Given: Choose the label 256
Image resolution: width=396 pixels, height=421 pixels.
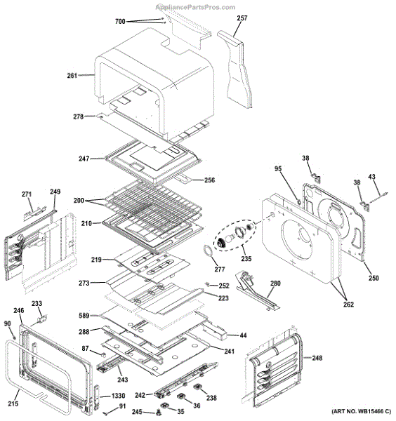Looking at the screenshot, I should pos(209,180).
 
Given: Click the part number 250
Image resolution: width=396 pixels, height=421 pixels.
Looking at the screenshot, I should pos(374,279).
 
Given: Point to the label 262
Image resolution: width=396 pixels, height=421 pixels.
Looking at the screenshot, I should pos(348,305).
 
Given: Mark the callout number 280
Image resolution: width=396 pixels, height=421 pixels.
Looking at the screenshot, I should pos(275,283).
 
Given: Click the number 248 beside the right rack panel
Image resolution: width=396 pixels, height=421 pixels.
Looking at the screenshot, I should pos(317,358).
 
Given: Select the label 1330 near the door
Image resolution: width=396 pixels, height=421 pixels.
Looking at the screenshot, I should pos(119,396).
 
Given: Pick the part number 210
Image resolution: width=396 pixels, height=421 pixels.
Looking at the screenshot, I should pos(86,224).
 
